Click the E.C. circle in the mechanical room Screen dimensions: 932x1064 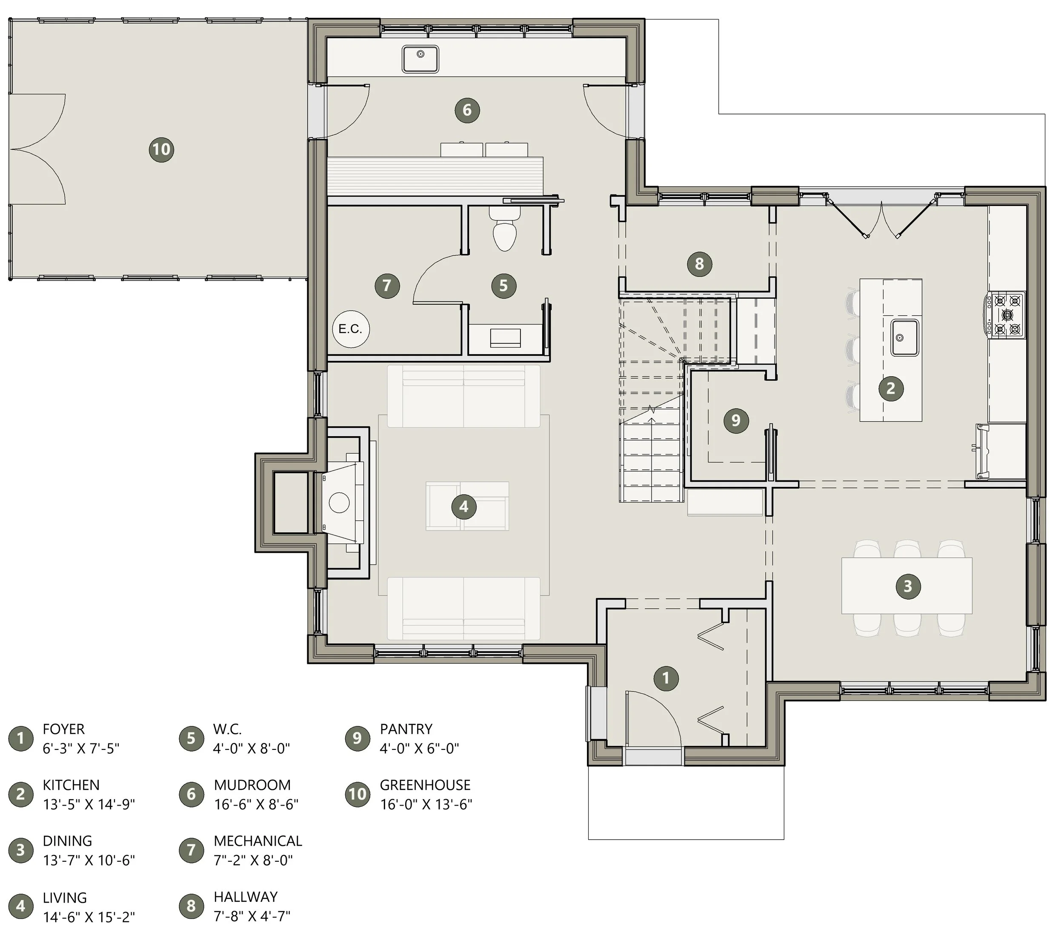351,329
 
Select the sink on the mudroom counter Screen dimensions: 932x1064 420,58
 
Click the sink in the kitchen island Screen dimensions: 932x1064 905,337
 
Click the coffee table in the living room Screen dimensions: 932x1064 466,506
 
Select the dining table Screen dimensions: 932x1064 907,586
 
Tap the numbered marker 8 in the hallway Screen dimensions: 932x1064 699,264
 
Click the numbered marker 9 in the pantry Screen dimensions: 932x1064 736,420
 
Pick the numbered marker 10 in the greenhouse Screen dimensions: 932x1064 161,149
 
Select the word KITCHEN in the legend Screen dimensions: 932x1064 71,785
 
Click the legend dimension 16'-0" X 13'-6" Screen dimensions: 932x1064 426,805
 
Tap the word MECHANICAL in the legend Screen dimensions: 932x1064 257,841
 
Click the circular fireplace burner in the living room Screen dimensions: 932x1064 339,503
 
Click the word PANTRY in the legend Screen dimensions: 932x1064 406,729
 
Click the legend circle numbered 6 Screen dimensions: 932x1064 191,794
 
